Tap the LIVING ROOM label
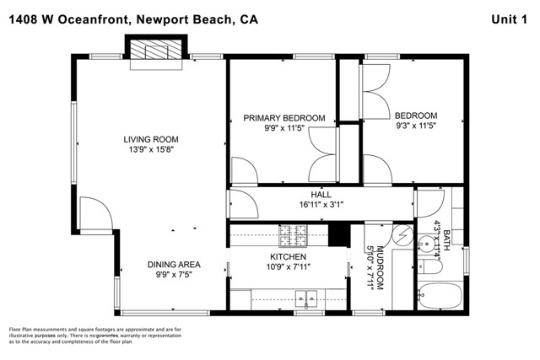151,140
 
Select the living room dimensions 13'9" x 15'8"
151,151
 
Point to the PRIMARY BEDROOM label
284,118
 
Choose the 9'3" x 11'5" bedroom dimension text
416,126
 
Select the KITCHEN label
287,256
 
